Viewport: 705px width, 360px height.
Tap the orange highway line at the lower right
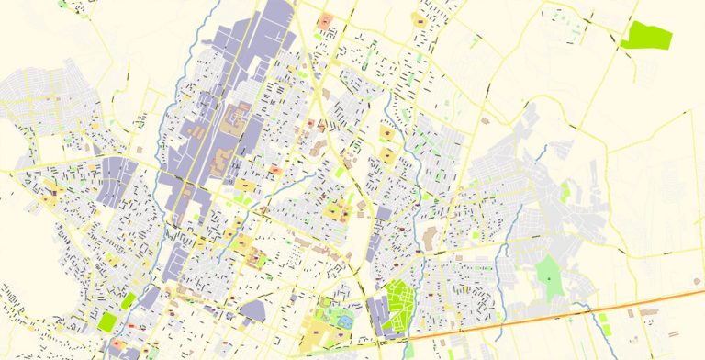click(x=587, y=309)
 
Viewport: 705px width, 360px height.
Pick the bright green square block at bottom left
click(x=108, y=321)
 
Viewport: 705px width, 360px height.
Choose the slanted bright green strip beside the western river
click(x=129, y=300)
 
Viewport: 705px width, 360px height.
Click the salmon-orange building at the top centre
click(x=325, y=20)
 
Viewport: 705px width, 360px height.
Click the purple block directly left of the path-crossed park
click(x=375, y=312)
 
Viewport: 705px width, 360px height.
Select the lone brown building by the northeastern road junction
click(x=487, y=119)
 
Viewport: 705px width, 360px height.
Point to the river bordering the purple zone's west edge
click(x=165, y=138)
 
